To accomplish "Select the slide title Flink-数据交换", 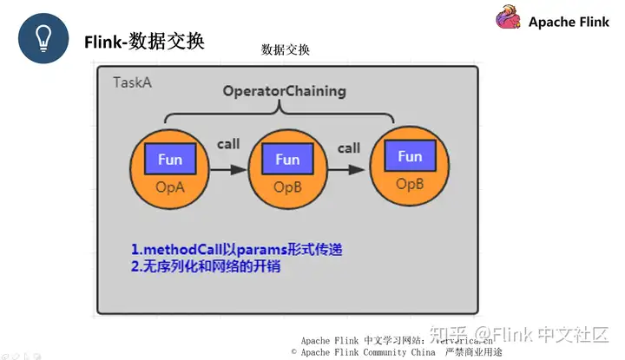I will coord(144,41).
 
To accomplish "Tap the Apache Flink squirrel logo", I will coord(509,19).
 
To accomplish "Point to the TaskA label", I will coord(132,82).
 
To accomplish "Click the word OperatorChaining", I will coord(284,90).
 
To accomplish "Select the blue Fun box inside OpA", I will coord(169,160).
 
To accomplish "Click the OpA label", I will coord(169,187).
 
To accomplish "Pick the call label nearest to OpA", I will coord(228,144).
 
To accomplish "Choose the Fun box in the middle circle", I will coord(287,160).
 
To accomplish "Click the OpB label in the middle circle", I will coord(287,187).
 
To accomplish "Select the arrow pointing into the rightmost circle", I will coord(349,170).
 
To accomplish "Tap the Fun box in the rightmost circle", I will coord(410,157).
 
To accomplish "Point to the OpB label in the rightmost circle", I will coord(410,184).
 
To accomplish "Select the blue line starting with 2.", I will coord(206,268).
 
